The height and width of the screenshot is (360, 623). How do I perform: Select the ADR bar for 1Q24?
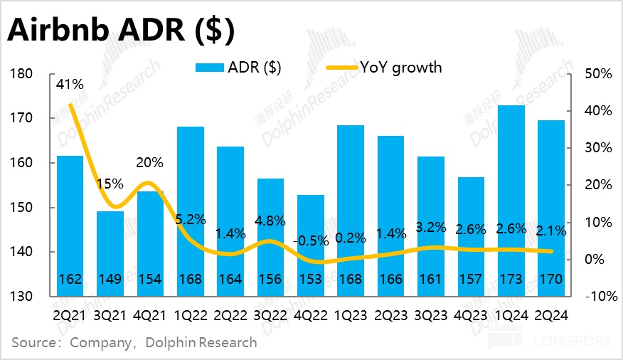(x=511, y=192)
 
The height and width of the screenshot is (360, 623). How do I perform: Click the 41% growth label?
(x=70, y=85)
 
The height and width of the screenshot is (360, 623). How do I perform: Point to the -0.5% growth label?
(x=311, y=241)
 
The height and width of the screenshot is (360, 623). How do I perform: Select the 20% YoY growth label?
(x=149, y=162)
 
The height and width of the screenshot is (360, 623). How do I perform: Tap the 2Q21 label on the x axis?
(x=70, y=312)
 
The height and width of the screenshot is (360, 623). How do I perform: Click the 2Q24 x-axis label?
(x=551, y=312)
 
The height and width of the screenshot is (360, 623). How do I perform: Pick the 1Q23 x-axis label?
(x=351, y=312)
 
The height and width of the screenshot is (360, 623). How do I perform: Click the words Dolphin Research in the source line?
(x=201, y=343)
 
